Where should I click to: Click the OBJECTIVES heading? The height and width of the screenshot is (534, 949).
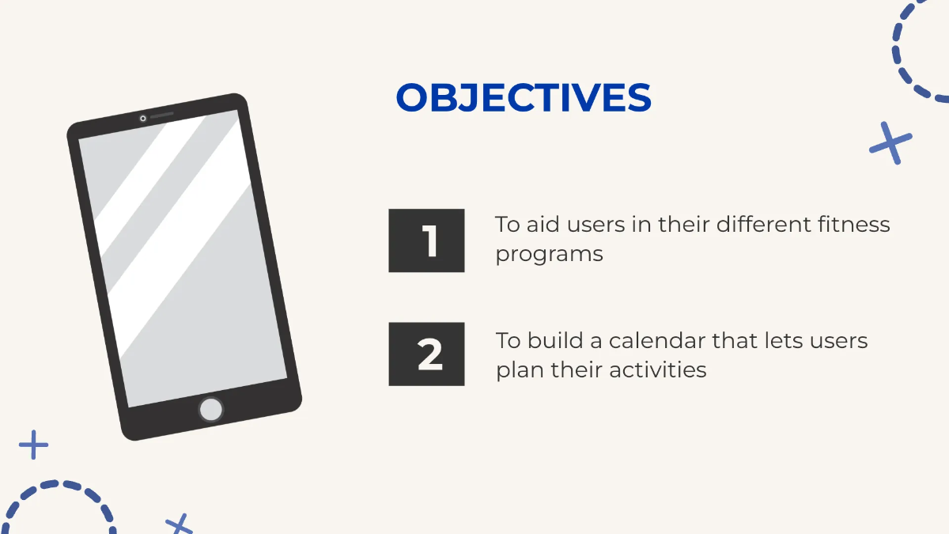(x=524, y=98)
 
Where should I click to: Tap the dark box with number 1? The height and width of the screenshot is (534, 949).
(x=426, y=240)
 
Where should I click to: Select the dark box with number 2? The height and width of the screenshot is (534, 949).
(x=426, y=354)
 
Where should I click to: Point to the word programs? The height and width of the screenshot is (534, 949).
(x=549, y=256)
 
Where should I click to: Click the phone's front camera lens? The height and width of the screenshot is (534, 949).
(x=143, y=119)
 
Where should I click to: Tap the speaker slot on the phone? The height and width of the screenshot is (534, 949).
(x=161, y=116)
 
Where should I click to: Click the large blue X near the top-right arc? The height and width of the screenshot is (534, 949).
(x=890, y=143)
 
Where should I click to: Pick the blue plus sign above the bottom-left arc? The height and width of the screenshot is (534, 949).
(x=33, y=445)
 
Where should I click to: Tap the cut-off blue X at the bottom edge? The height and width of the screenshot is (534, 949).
(x=180, y=524)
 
